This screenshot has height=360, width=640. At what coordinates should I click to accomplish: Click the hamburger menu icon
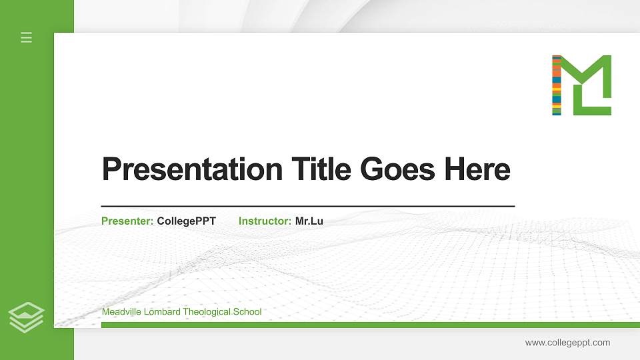[x=27, y=37]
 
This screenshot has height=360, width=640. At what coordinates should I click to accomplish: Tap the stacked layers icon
[x=27, y=317]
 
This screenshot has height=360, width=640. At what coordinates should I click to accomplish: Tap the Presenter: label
[x=127, y=221]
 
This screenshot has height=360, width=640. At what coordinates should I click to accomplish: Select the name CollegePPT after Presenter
[x=186, y=221]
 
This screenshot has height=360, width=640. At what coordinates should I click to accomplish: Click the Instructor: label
[x=265, y=221]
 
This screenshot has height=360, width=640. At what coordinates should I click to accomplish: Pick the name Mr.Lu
[x=309, y=221]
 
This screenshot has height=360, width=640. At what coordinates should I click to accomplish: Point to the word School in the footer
[x=248, y=312]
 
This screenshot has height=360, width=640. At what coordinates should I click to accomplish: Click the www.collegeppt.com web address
[x=567, y=343]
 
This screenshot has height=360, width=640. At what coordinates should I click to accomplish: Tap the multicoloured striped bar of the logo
[x=557, y=85]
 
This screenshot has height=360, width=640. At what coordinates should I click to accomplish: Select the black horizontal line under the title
[x=308, y=206]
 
